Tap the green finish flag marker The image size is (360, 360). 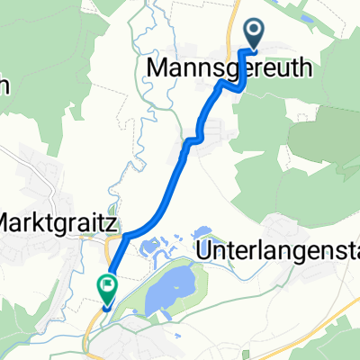click(x=106, y=287)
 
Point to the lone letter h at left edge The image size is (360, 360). click(x=4, y=86)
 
